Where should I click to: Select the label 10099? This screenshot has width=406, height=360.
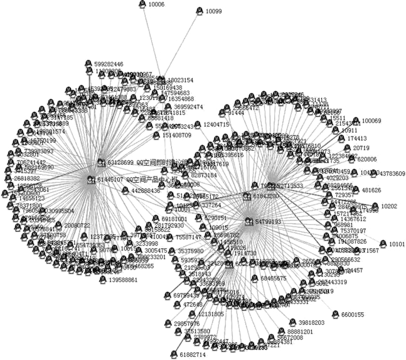click(x=213, y=11)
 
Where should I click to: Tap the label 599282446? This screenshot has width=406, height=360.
click(x=109, y=64)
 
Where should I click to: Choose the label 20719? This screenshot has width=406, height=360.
click(x=362, y=148)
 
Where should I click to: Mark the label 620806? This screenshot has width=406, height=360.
click(x=366, y=160)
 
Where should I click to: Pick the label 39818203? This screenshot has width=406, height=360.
click(x=307, y=322)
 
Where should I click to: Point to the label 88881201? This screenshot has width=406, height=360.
click(x=300, y=331)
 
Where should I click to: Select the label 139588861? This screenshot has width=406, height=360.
click(x=119, y=280)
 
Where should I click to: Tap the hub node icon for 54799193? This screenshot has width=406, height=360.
click(x=248, y=222)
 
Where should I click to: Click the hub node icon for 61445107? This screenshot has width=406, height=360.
click(x=90, y=180)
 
